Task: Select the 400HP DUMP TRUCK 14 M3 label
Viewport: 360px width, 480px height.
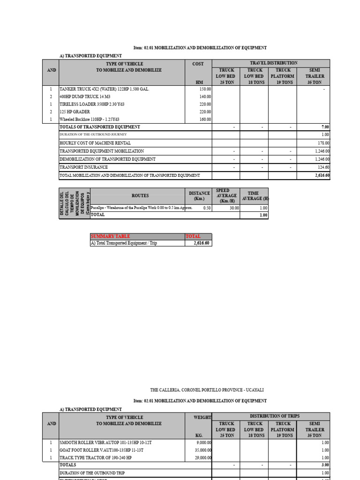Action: click(x=87, y=97)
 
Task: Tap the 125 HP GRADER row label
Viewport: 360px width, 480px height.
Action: click(x=75, y=112)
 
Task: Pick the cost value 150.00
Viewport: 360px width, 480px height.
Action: click(x=205, y=89)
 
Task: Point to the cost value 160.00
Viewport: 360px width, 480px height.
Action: click(x=205, y=119)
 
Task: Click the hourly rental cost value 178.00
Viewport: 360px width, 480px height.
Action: click(x=323, y=143)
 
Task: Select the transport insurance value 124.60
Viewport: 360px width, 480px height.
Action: click(x=323, y=167)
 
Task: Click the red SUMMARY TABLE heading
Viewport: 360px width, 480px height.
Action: click(x=110, y=236)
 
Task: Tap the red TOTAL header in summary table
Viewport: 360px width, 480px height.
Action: click(x=193, y=236)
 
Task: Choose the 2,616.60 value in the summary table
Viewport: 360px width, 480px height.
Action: click(x=202, y=243)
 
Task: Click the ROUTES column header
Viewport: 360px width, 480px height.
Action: click(x=140, y=196)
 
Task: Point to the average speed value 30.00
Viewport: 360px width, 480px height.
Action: click(x=231, y=208)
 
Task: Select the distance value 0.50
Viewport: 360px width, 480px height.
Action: click(x=206, y=208)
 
